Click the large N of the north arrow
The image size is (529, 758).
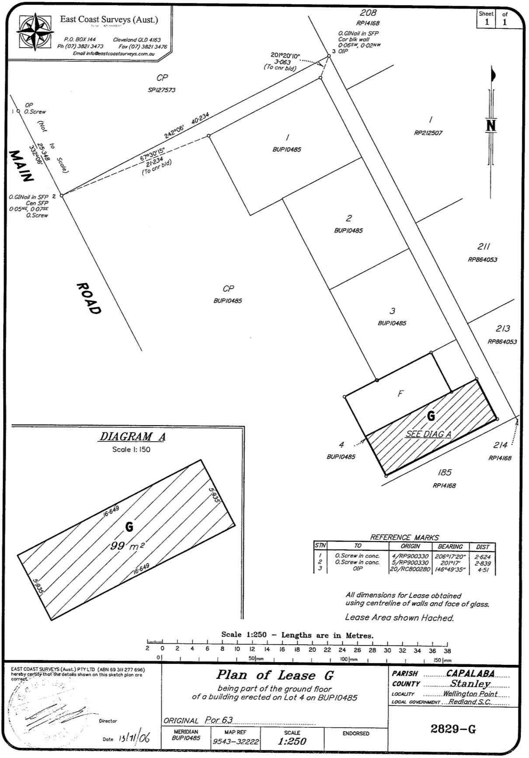[x=491, y=126]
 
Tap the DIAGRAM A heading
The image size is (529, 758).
[x=133, y=437]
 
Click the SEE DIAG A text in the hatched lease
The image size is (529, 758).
[x=428, y=434]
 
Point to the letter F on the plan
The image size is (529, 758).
[x=400, y=394]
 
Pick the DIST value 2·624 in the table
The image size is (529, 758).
[x=483, y=557]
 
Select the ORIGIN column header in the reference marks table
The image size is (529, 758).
[x=410, y=546]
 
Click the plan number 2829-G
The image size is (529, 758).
[x=453, y=729]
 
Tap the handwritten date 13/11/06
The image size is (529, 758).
[x=134, y=738]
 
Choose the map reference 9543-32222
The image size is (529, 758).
[x=236, y=742]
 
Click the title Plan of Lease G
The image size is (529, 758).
[x=275, y=675]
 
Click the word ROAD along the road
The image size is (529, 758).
[x=89, y=299]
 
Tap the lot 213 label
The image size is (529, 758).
[x=503, y=328]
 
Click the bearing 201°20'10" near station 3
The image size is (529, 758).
[x=285, y=55]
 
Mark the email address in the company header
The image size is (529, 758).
[x=114, y=53]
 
